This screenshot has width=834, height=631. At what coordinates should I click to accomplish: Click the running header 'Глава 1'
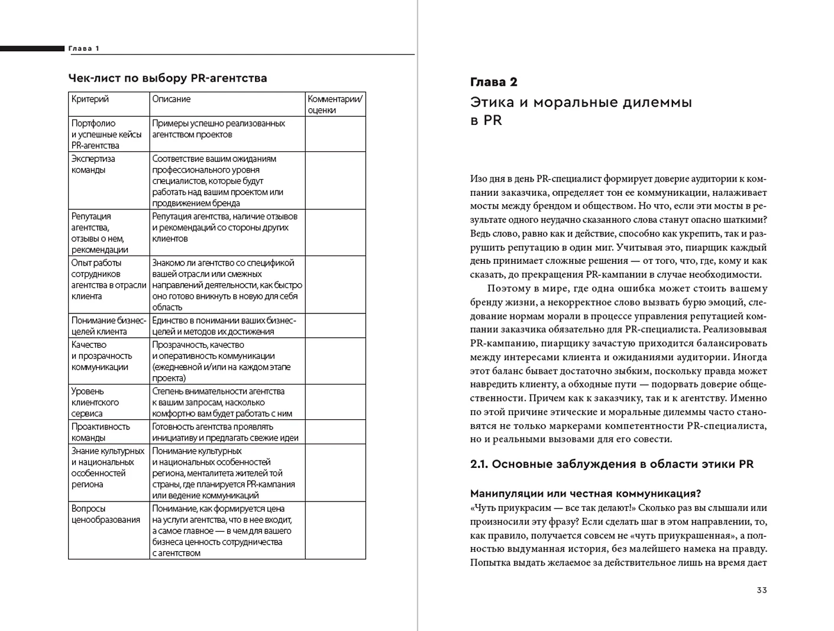click(84, 48)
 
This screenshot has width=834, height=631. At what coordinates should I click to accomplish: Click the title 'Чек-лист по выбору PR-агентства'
click(167, 78)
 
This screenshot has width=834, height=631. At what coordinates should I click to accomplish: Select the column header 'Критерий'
click(90, 99)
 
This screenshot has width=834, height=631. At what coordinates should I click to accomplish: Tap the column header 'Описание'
click(171, 99)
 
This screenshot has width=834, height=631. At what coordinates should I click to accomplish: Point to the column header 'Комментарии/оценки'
click(335, 105)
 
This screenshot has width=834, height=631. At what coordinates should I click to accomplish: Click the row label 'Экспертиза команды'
click(93, 164)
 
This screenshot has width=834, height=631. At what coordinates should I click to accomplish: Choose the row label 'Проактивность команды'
click(100, 432)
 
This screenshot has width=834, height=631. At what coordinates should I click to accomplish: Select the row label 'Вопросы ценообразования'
click(105, 514)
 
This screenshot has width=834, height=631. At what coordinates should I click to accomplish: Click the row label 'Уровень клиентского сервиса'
click(95, 402)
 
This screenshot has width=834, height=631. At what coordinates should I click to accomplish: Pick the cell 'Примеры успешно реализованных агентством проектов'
click(218, 129)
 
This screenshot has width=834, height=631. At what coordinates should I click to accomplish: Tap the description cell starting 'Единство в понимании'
click(224, 326)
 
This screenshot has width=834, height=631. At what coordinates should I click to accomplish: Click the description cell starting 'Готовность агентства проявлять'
click(225, 432)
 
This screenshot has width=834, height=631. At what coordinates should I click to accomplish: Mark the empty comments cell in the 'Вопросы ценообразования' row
click(335, 530)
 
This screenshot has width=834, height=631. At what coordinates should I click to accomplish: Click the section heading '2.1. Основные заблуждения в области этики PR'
click(612, 464)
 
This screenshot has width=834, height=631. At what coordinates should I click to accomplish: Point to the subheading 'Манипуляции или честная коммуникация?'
click(585, 494)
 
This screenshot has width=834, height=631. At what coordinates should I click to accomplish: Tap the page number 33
click(761, 590)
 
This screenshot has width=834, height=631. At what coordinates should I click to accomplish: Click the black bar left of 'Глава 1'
click(32, 48)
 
